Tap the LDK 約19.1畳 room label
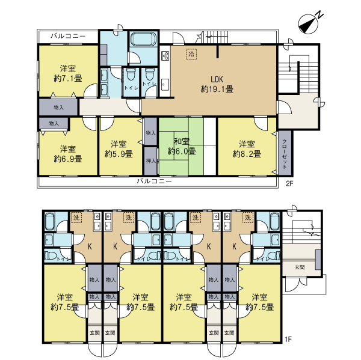pos(217,84)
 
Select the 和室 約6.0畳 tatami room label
pos(182,147)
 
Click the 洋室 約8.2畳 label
pos(247,149)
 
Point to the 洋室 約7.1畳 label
pos(67,73)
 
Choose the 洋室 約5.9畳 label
pos(119,149)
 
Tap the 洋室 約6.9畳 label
pos(67,154)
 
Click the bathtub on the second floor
pos(143,39)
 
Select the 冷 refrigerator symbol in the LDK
pos(191,54)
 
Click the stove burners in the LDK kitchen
pos(165,56)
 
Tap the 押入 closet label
pos(151,161)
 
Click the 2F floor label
pos(289,184)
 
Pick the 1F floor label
pos(288,339)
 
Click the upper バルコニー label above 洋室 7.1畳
pos(68,36)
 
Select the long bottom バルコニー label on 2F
pos(154,182)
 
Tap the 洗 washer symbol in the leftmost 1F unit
pos(76,218)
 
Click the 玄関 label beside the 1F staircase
pos(300,267)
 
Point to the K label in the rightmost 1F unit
pos(234,246)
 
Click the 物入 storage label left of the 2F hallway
pos(58,107)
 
